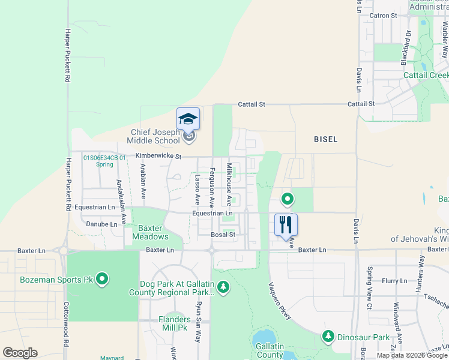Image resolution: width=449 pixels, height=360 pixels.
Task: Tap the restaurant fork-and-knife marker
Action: [286, 224]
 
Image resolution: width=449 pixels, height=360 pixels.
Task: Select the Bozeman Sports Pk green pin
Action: [102, 279]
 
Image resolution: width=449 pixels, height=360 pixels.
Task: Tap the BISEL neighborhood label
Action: [325, 139]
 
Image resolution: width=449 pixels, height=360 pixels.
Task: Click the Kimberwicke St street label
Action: [158, 155]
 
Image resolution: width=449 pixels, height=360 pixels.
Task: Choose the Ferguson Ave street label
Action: [211, 188]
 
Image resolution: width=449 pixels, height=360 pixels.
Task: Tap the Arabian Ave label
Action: [143, 181]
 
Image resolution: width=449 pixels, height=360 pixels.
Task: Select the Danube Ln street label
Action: [102, 224]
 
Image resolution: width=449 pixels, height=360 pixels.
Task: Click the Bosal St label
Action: [222, 235]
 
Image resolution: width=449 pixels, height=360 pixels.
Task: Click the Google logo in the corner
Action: [20, 353]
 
